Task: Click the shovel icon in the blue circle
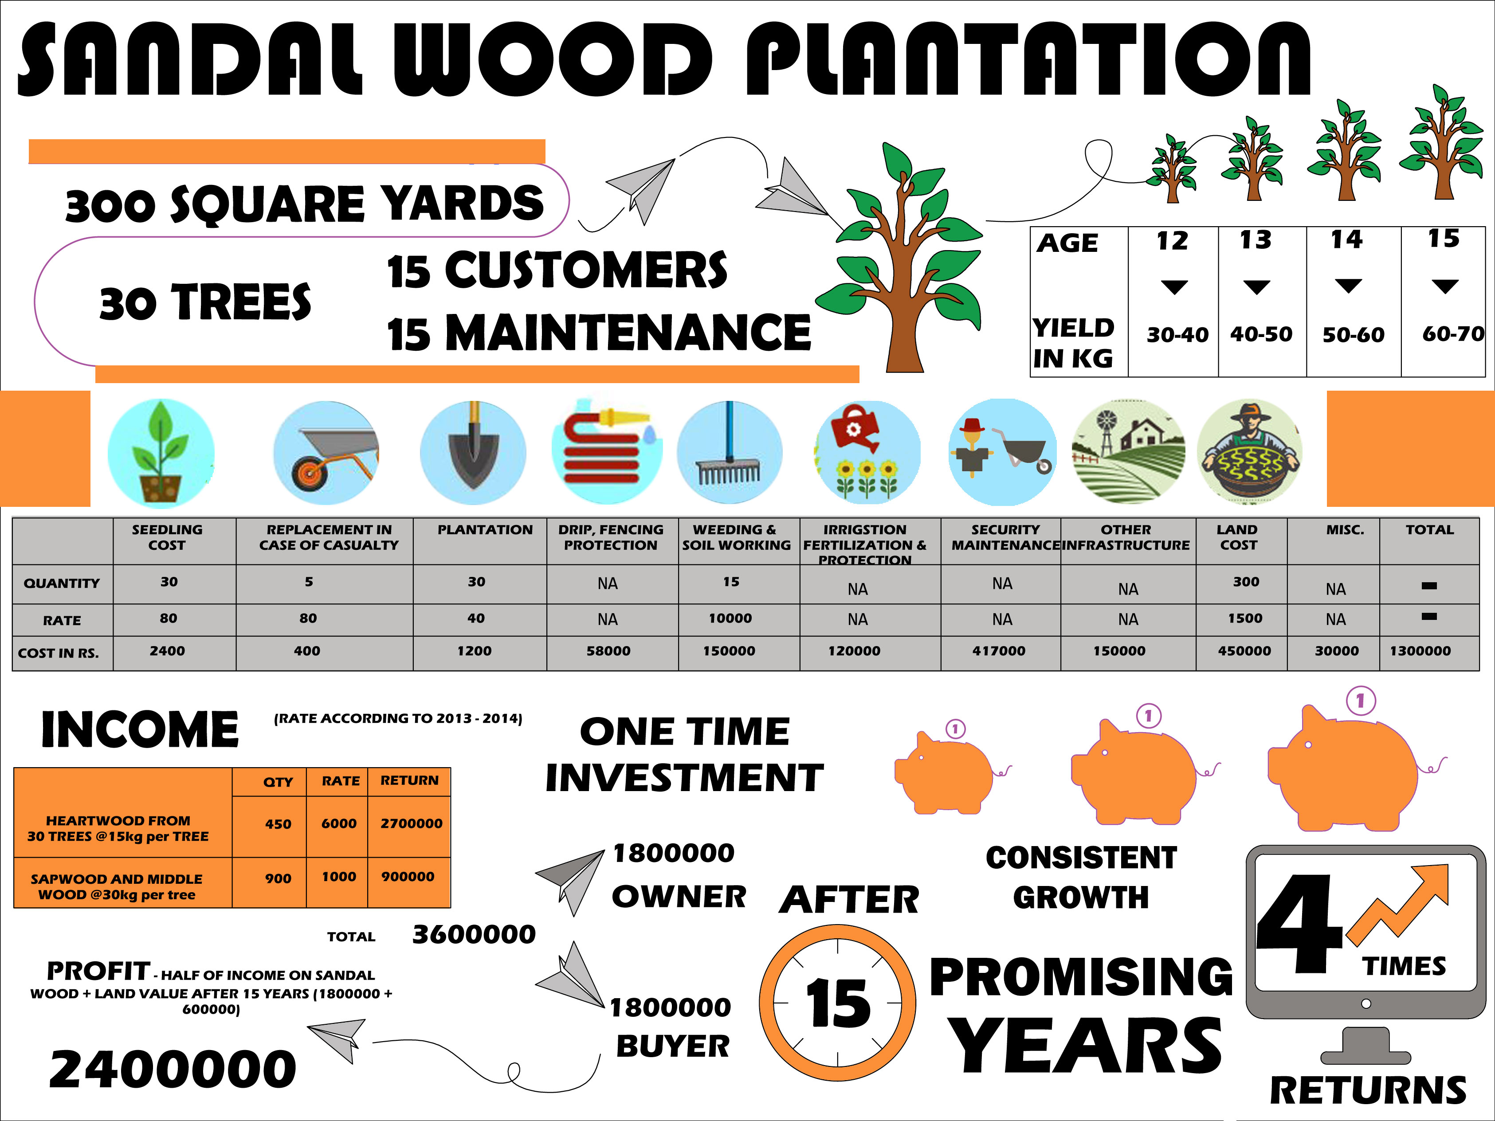[x=473, y=452]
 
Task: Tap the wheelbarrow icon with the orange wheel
[x=326, y=453]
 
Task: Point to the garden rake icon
[x=729, y=451]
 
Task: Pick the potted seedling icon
[x=161, y=452]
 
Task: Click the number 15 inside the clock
[x=838, y=1004]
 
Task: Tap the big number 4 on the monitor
[x=1299, y=924]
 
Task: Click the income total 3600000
[x=474, y=934]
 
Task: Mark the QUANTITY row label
[x=62, y=583]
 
